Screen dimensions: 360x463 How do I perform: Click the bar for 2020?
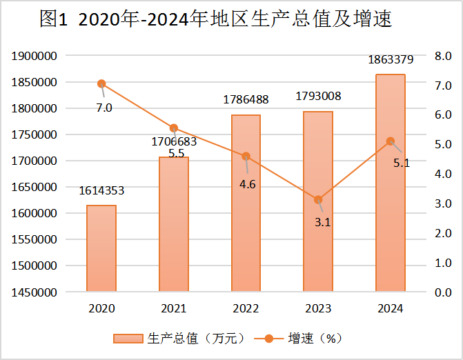pos(101,248)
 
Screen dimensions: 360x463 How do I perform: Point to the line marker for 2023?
pos(318,200)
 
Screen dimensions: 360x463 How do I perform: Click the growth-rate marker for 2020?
pos(101,83)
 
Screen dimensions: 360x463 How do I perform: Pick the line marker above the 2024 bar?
pos(390,141)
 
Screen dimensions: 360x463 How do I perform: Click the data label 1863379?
pos(390,60)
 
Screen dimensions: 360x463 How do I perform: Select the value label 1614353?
pos(101,191)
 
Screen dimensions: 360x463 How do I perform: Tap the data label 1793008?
pos(318,97)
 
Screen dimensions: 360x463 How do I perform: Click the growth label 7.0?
pos(104,108)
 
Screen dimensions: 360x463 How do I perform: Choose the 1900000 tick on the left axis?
pos(35,56)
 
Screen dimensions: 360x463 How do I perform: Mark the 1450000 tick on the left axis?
pos(35,292)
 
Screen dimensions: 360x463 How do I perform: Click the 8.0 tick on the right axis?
pos(442,56)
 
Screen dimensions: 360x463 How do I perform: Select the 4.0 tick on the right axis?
pos(442,174)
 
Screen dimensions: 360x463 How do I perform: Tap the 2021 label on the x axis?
pos(173,308)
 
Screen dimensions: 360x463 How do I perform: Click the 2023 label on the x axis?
pos(318,308)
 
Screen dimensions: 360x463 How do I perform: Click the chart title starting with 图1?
pos(216,20)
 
